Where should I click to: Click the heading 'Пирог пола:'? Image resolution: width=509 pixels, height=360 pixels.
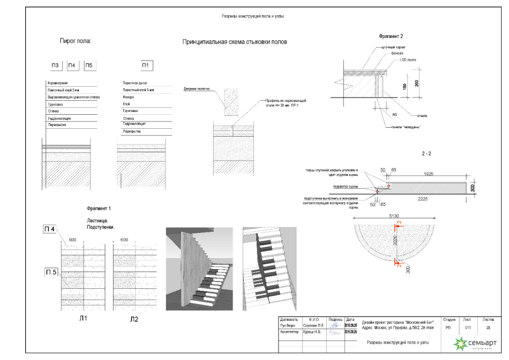[76, 41]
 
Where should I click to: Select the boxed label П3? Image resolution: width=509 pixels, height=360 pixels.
[55, 66]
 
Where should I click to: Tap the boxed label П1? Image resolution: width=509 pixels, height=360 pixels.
[145, 66]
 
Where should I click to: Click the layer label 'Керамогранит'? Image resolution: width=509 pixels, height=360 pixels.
[59, 83]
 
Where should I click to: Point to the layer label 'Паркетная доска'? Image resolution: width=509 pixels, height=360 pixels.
[135, 83]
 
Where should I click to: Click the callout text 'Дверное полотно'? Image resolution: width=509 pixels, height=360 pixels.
[195, 89]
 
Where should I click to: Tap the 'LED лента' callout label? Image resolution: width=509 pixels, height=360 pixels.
[407, 59]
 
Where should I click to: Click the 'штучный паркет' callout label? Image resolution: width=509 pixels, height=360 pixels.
[394, 48]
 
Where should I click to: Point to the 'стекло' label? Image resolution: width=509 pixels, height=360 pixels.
[422, 116]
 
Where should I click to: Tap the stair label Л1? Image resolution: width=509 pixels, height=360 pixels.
[73, 319]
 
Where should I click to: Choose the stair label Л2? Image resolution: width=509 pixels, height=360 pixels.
[134, 319]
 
